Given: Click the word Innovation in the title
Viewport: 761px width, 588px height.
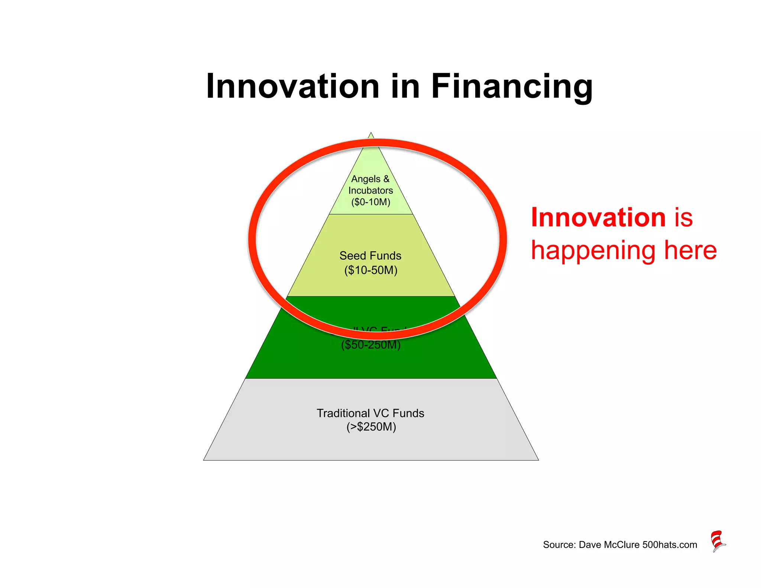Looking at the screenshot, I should click(292, 86).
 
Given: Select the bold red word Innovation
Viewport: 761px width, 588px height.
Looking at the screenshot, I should click(598, 217).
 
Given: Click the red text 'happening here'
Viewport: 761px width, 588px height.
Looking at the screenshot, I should click(624, 251).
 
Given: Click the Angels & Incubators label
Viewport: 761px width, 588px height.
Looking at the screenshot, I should click(370, 185).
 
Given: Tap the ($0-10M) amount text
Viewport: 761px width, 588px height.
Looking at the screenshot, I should click(370, 202).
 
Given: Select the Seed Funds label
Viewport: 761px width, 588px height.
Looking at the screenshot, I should click(370, 256).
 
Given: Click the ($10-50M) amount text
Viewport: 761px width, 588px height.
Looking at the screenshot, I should click(370, 270).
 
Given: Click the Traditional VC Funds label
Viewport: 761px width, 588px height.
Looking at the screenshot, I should click(370, 413).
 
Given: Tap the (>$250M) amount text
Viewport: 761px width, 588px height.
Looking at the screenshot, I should click(371, 427).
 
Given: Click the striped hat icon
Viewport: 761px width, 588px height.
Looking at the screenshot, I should click(718, 541).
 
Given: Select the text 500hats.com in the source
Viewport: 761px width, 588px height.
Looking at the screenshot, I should click(670, 545).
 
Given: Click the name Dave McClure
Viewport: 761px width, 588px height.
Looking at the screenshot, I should click(609, 545).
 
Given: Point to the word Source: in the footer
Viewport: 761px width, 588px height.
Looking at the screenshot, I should click(559, 545).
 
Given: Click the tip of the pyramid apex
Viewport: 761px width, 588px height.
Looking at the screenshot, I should click(371, 133).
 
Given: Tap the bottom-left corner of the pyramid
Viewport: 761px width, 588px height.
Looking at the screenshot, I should click(204, 460).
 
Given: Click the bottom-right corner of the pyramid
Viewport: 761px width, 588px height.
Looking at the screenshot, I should click(538, 460).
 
